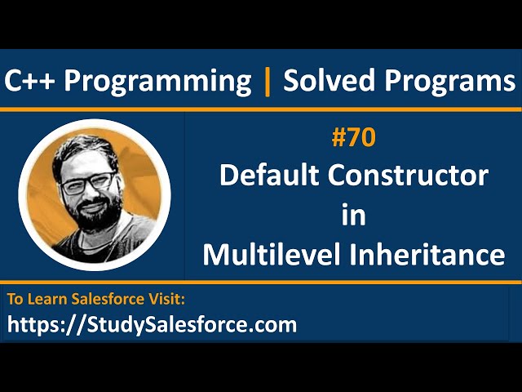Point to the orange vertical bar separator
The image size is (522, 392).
click(267, 81)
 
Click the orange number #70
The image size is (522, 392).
click(354, 139)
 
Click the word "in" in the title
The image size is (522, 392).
click(354, 215)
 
